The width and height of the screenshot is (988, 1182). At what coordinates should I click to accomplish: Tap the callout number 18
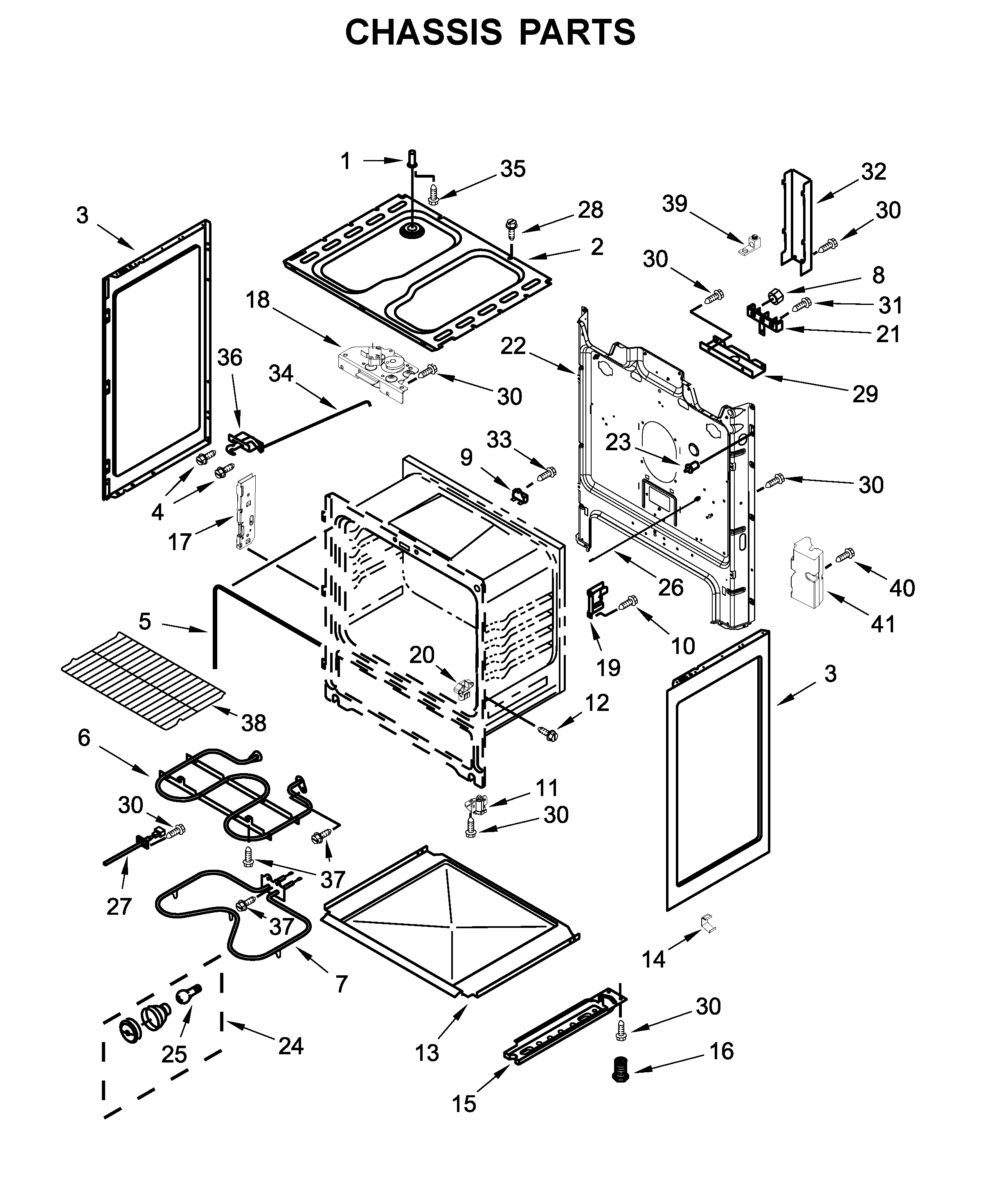[x=258, y=300]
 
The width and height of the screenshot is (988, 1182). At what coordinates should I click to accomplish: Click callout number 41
[x=883, y=624]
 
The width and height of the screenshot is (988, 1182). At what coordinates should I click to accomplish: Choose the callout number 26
[x=671, y=587]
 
